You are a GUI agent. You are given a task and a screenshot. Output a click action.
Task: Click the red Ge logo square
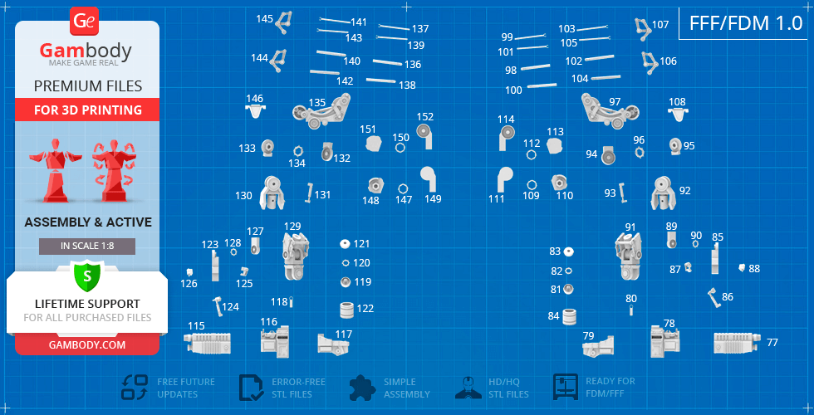84,22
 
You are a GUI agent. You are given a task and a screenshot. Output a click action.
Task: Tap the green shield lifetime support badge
87,276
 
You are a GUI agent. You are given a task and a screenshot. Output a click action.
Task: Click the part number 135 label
316,102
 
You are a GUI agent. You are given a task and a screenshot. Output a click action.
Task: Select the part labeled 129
295,256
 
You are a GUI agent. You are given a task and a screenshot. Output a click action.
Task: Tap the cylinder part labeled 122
347,310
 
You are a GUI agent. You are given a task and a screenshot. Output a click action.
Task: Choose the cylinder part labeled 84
570,316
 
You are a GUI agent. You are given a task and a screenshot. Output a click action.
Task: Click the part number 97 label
615,102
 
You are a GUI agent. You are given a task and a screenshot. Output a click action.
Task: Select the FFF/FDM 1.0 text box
746,23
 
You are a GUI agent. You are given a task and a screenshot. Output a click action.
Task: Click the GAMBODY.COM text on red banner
87,344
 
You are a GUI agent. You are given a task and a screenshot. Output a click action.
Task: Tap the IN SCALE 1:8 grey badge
87,247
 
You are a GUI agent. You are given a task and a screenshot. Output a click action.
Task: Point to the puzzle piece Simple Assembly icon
362,388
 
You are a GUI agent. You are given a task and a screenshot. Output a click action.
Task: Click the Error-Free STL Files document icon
251,388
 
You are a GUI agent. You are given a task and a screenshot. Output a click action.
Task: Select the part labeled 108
677,114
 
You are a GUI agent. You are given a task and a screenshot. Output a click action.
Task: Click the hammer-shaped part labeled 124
217,305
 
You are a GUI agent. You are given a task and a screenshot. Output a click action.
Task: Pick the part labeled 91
628,256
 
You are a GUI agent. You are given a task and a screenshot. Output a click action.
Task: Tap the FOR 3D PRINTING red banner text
88,110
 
